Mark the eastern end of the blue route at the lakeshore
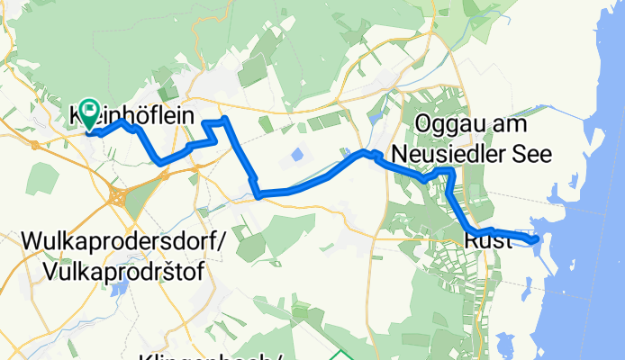pos(536,239)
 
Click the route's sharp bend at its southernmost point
pos(258,193)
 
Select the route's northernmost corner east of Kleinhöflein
pos(224,119)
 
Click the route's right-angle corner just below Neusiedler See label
pos(449,170)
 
